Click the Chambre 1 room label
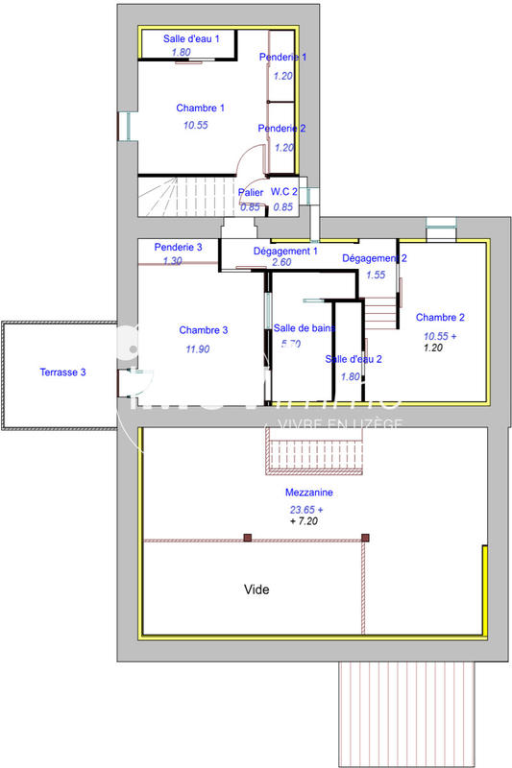point(200,108)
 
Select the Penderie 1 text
point(282,57)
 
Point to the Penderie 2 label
point(282,128)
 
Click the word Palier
point(251,193)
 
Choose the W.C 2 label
point(283,193)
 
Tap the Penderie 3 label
point(178,247)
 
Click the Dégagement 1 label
point(285,251)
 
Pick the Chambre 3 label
point(204,330)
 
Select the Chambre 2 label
point(440,317)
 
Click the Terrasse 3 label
point(63,372)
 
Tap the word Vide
point(257,589)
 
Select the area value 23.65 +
point(306,510)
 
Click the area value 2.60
point(281,262)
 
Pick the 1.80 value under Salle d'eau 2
point(351,376)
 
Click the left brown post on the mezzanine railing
point(247,539)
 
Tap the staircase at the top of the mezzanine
point(316,450)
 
